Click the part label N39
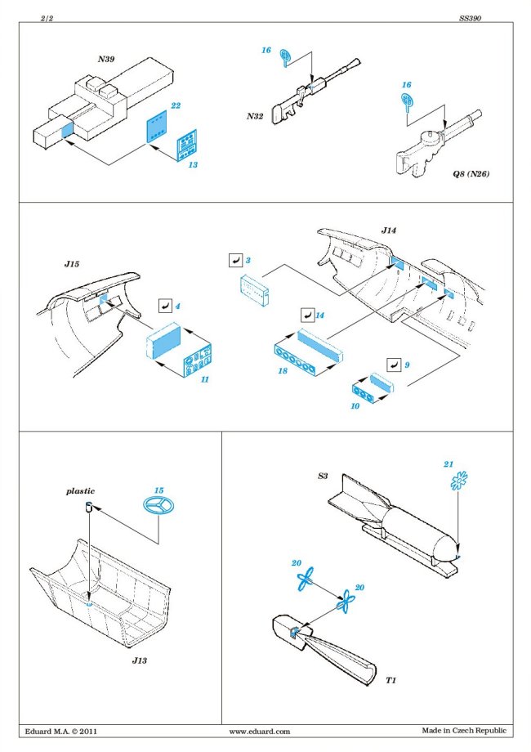[x=106, y=59]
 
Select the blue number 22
[x=174, y=106]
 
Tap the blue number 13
[x=192, y=165]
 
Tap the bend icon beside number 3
[x=233, y=261]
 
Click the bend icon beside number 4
[x=163, y=307]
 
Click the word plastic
[x=80, y=491]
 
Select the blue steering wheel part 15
[x=156, y=508]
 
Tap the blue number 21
[x=448, y=464]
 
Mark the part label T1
[x=393, y=680]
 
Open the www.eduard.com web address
[x=260, y=732]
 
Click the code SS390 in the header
[x=469, y=18]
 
